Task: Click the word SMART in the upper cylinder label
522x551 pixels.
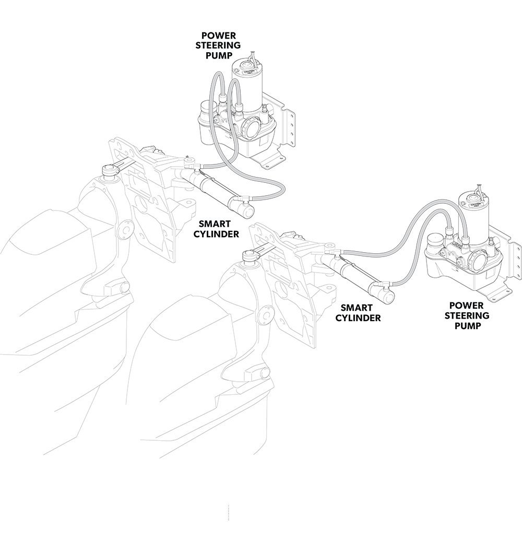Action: pyautogui.click(x=216, y=225)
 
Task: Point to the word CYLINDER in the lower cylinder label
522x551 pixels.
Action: pyautogui.click(x=358, y=318)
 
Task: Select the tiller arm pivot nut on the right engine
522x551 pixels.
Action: pyautogui.click(x=249, y=255)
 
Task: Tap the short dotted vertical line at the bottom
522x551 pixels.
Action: pyautogui.click(x=228, y=512)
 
